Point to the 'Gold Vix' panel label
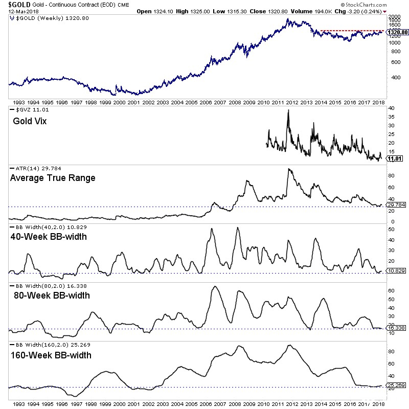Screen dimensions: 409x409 click(29, 122)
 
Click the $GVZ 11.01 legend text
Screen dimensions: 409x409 click(29, 110)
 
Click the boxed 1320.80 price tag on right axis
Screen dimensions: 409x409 click(398, 33)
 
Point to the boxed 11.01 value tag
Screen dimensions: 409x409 click(395, 158)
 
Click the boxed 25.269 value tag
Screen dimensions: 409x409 click(397, 385)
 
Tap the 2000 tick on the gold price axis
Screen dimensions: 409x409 click(393, 17)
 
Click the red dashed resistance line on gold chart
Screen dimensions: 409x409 click(353, 31)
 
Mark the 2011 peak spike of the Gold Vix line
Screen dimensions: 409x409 click(288, 110)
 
